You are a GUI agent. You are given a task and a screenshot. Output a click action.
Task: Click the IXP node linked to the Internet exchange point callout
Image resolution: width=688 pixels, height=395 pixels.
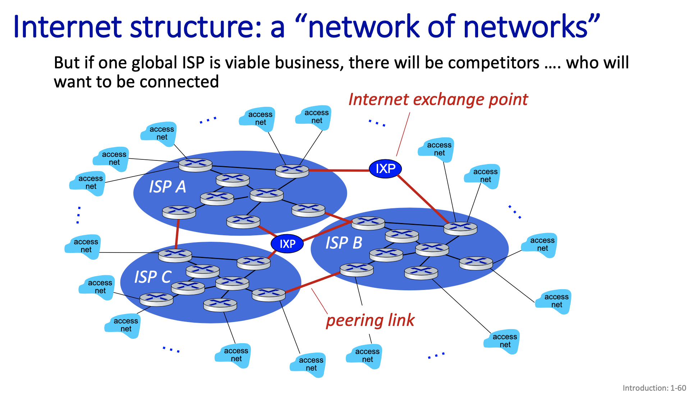(x=385, y=169)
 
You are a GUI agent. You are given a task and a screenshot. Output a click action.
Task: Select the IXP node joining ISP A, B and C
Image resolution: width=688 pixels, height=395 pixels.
(x=287, y=244)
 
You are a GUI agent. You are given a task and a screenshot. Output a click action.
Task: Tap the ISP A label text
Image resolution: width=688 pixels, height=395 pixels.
(x=168, y=187)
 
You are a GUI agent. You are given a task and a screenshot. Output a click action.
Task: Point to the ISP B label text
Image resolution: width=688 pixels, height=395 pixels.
(x=344, y=243)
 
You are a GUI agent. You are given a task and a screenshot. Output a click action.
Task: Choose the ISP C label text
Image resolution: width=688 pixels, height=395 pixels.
(x=152, y=277)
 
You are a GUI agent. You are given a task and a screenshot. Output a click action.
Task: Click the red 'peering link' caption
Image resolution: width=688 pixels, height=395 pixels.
(x=370, y=320)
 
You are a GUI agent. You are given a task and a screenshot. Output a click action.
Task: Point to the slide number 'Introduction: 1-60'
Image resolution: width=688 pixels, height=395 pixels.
(x=654, y=388)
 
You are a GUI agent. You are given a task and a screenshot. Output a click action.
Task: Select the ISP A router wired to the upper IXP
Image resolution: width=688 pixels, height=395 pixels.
(x=292, y=171)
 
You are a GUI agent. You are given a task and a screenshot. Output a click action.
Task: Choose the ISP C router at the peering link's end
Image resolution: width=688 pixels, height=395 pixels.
(x=269, y=294)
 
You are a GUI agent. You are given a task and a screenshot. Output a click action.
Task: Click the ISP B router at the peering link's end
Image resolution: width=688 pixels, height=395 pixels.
(x=356, y=269)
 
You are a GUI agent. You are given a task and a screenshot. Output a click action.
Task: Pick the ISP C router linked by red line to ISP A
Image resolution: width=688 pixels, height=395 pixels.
(x=175, y=255)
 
